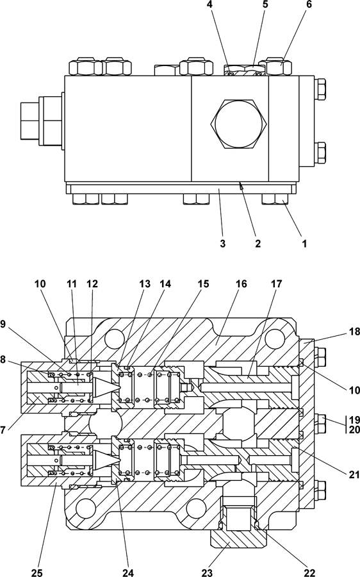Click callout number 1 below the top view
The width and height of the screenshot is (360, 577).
coord(304,243)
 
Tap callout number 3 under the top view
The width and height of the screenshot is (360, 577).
coord(222,243)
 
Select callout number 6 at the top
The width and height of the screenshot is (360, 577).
coord(308,4)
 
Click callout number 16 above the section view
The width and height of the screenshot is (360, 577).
coord(241,284)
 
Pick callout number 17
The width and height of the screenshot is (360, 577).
coord(276,284)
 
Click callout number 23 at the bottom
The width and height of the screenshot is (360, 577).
coord(207,573)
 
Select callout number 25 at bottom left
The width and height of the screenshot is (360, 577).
coord(37,573)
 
